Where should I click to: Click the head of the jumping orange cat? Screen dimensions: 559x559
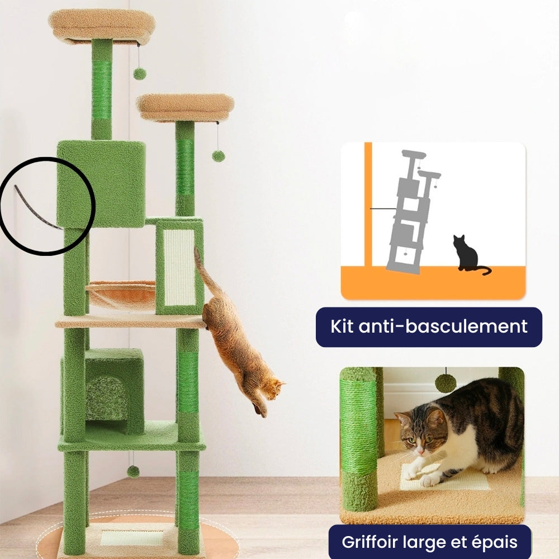pyautogui.click(x=272, y=387)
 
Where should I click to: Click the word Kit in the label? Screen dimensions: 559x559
pyautogui.click(x=343, y=326)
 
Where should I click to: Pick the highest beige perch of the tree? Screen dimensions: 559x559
pyautogui.click(x=102, y=25)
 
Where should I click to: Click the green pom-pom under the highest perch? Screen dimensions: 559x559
pyautogui.click(x=139, y=73)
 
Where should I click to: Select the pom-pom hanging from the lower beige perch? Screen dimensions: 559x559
pyautogui.click(x=218, y=156)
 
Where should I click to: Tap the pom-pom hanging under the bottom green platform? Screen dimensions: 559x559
pyautogui.click(x=133, y=471)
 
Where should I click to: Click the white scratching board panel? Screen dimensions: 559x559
pyautogui.click(x=179, y=267)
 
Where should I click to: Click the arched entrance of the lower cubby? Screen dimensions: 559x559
pyautogui.click(x=107, y=397)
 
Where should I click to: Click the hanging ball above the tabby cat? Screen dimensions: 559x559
pyautogui.click(x=446, y=383)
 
